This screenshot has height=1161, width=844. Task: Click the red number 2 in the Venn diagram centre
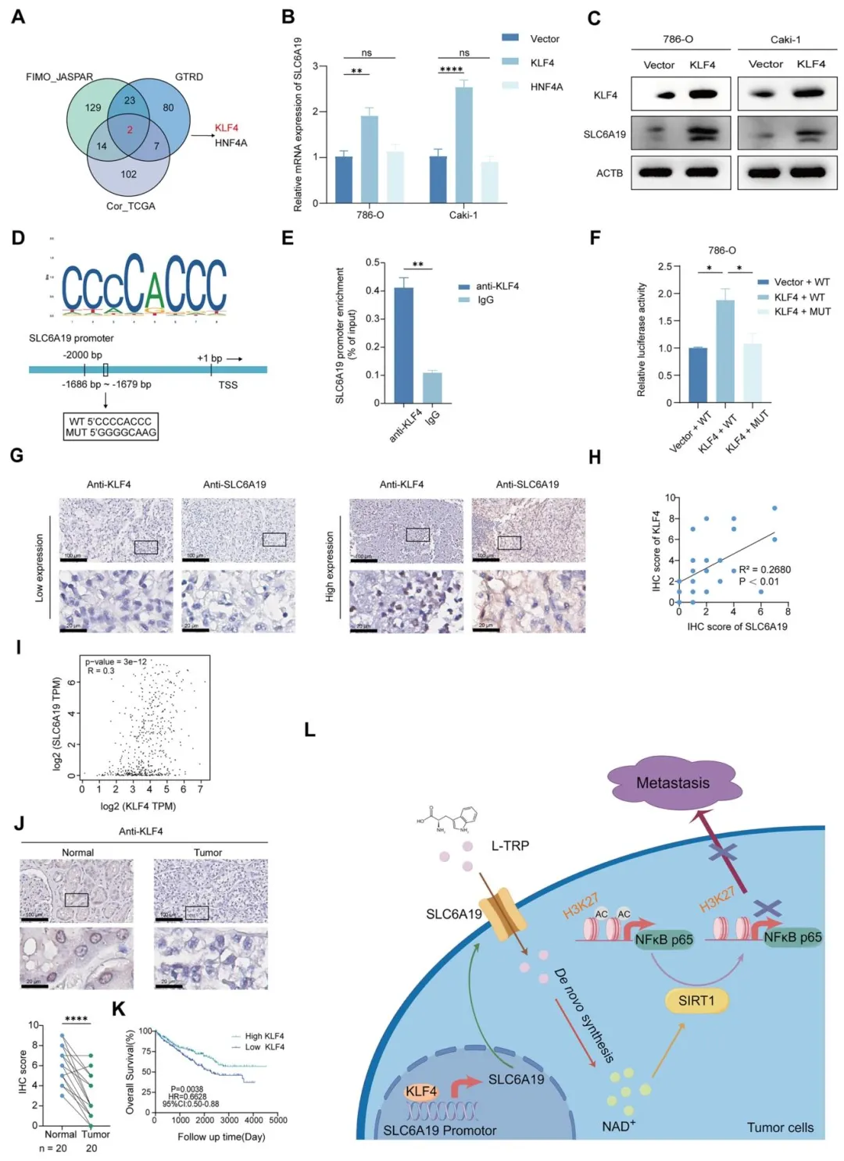(x=130, y=130)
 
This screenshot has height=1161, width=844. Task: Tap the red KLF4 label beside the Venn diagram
(x=227, y=128)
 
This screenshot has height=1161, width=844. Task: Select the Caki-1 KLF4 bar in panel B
(x=464, y=144)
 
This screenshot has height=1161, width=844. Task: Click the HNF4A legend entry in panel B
(x=546, y=87)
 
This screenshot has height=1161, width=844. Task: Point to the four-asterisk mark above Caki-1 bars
(x=451, y=70)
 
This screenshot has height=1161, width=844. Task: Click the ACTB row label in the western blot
(x=610, y=173)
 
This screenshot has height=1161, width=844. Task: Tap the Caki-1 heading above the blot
(x=785, y=40)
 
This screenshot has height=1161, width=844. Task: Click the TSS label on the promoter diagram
(x=228, y=385)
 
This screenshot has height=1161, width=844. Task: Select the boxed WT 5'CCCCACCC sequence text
(x=110, y=422)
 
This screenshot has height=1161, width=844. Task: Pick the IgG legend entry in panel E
(x=485, y=300)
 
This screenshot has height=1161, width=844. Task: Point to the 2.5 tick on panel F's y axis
(x=664, y=267)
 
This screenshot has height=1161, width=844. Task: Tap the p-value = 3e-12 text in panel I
(x=116, y=661)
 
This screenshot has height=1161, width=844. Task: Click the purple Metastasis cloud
(x=674, y=782)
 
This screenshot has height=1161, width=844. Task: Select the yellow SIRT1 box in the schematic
(x=696, y=1000)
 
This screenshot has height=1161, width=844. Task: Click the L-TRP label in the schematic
(x=510, y=846)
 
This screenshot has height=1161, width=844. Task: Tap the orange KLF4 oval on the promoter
(x=421, y=1091)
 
